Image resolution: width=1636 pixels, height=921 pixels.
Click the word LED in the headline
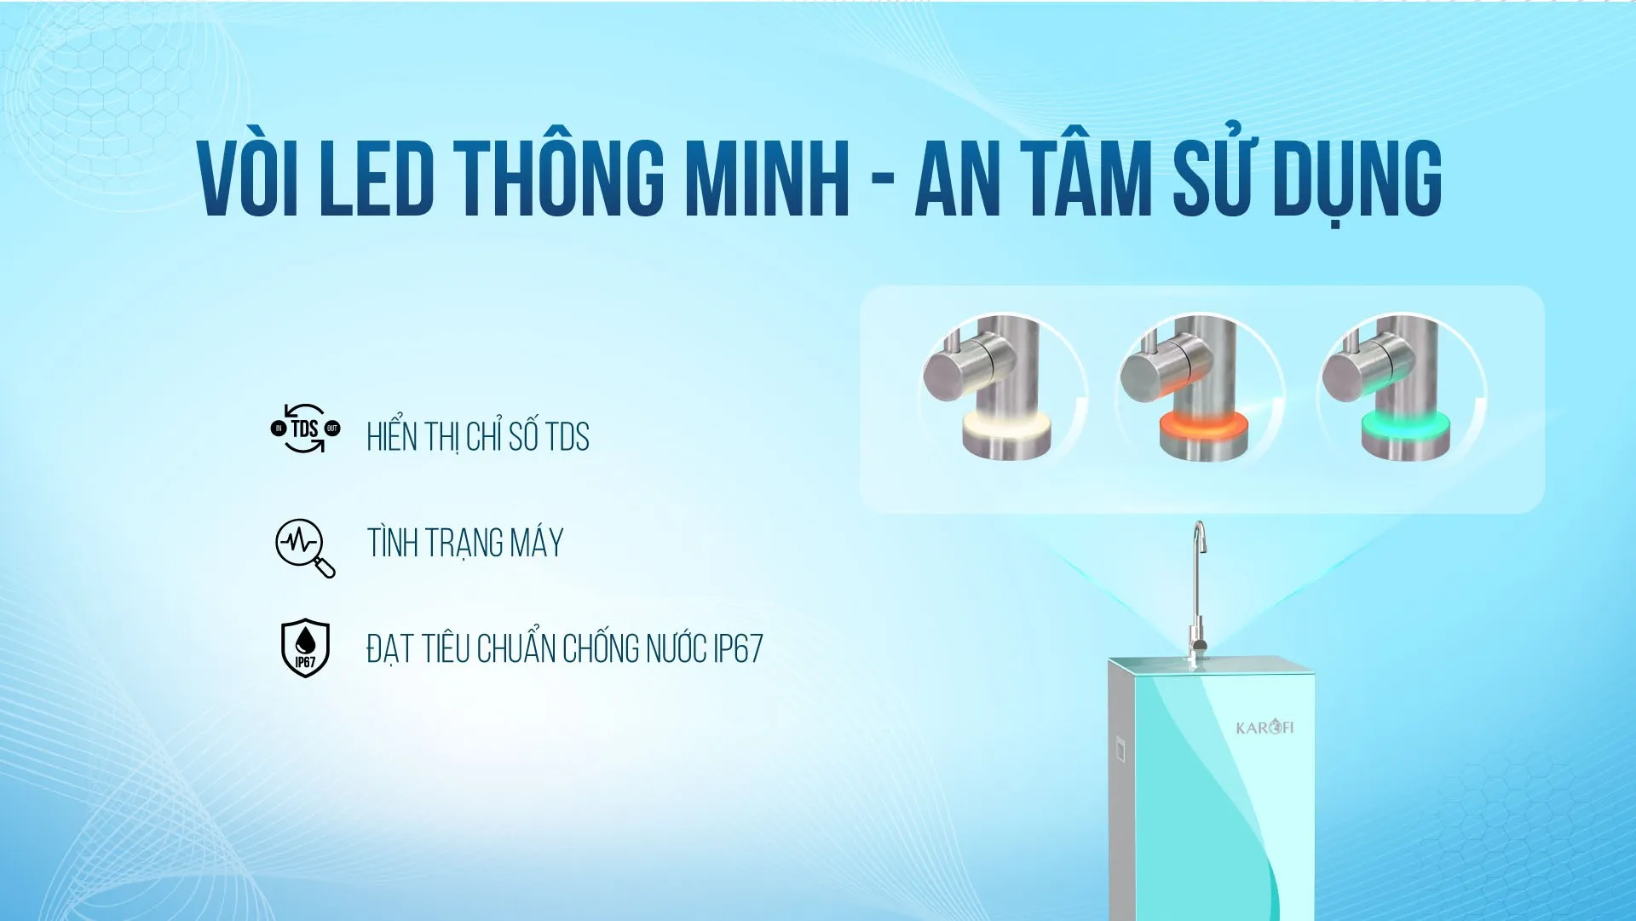pos(377,178)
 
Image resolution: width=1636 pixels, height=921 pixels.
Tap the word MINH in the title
pos(768,178)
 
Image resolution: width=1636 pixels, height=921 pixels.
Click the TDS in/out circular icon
pos(305,428)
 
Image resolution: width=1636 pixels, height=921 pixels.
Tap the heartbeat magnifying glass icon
pos(305,548)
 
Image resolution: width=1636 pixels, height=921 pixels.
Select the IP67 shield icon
pos(305,648)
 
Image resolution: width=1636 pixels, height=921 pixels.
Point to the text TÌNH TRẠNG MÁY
pos(465,543)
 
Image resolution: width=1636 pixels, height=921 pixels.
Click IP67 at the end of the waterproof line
pos(738,649)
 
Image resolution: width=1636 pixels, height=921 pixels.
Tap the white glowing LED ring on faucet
pos(1006,425)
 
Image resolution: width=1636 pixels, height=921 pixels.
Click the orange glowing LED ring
pos(1203,425)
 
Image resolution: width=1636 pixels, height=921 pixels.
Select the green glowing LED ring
pos(1404,425)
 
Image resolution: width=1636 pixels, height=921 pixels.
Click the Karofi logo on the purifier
pos(1264,728)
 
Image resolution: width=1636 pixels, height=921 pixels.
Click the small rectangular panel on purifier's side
pos(1120,750)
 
